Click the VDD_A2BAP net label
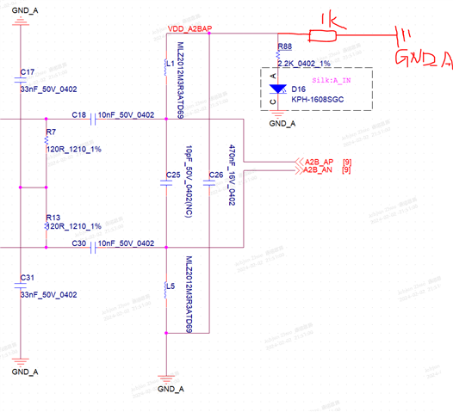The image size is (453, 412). pyautogui.click(x=194, y=28)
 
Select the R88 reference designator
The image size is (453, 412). pyautogui.click(x=285, y=48)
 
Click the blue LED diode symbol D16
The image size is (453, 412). pyautogui.click(x=276, y=89)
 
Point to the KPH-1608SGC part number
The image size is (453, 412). pyautogui.click(x=316, y=99)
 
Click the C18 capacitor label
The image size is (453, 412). pyautogui.click(x=79, y=114)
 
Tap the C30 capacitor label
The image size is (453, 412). pyautogui.click(x=79, y=243)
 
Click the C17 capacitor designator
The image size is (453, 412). pyautogui.click(x=27, y=71)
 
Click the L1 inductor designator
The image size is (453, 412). pyautogui.click(x=171, y=63)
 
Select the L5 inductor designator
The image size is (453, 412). pyautogui.click(x=171, y=286)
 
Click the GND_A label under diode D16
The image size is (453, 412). pyautogui.click(x=282, y=124)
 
